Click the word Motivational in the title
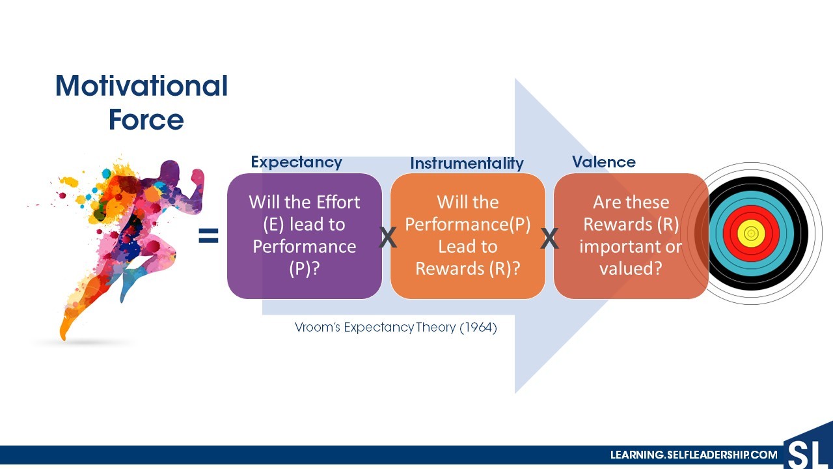tap(142, 85)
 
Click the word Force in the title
tap(146, 119)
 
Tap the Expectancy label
tap(296, 162)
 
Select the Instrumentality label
tap(467, 163)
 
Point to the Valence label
tap(603, 162)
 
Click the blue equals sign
tap(209, 236)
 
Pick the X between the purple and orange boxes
tap(387, 238)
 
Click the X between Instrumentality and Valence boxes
tap(549, 238)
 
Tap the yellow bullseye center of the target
tap(751, 233)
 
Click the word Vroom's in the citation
tap(318, 328)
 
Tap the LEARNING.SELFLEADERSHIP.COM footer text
tap(694, 455)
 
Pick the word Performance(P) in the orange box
tap(467, 225)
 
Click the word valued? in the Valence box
tap(631, 268)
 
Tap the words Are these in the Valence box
tap(631, 203)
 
